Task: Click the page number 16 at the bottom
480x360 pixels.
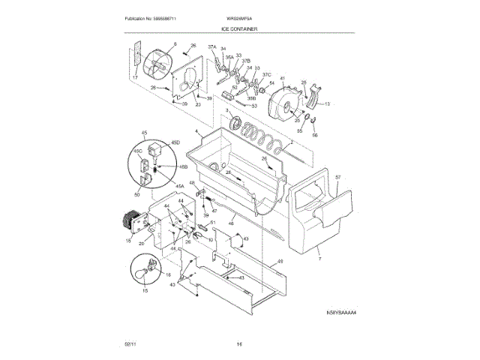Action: [239, 344]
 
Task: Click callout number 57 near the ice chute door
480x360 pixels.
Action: [337, 178]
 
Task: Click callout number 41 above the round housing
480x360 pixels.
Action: [283, 78]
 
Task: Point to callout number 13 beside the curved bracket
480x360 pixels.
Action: [327, 103]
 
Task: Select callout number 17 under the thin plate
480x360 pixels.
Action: [136, 77]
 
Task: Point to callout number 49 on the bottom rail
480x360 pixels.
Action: [280, 262]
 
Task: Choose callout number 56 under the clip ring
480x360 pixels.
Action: [316, 135]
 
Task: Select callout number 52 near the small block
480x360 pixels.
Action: [234, 88]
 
